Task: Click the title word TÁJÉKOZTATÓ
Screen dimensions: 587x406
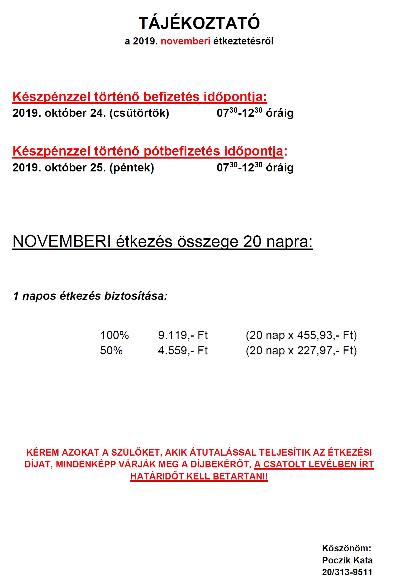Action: coord(199,23)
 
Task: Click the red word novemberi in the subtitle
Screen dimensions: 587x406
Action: coord(185,41)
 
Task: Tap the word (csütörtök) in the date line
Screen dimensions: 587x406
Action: coord(139,113)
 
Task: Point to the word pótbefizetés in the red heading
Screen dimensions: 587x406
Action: coord(182,151)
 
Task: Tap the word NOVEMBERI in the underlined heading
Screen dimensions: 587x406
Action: coord(62,242)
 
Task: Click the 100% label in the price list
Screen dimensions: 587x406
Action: coord(114,335)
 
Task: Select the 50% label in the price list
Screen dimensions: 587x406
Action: coord(111,351)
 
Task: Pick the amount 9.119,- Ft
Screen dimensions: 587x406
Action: coord(183,335)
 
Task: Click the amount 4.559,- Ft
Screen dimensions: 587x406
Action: coord(183,351)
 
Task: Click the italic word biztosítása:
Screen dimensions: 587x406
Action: coord(136,296)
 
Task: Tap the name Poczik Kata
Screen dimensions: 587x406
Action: coord(347,560)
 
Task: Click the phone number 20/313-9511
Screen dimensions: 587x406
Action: coord(347,572)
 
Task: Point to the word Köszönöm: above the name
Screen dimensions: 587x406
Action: coord(346,548)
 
